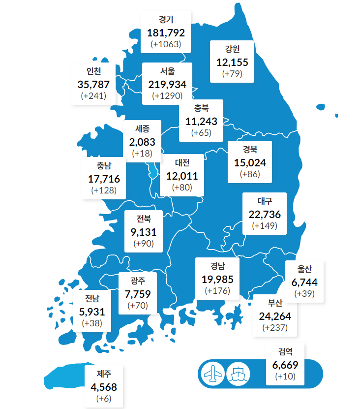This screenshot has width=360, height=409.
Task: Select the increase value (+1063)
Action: click(x=166, y=44)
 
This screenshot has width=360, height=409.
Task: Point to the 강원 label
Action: click(x=232, y=50)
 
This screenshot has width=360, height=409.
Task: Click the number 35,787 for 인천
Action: click(x=93, y=84)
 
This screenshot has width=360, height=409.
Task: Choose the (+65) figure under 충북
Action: click(x=201, y=132)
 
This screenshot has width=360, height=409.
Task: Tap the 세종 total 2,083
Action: click(x=142, y=142)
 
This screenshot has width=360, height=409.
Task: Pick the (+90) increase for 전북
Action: click(x=144, y=244)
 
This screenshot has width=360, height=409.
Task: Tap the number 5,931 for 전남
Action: click(x=92, y=312)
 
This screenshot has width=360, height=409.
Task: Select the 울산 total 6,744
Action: click(x=304, y=282)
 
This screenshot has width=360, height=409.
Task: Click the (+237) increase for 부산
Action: click(x=275, y=327)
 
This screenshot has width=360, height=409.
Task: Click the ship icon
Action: click(x=239, y=374)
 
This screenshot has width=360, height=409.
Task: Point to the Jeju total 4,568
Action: click(x=104, y=387)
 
